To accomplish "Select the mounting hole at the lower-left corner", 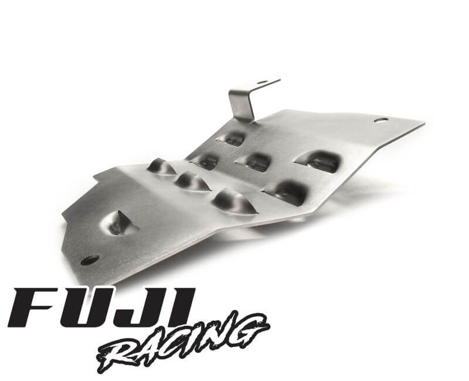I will (90, 259).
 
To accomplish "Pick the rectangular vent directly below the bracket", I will (233, 139).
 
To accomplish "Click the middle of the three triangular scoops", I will (193, 182).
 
